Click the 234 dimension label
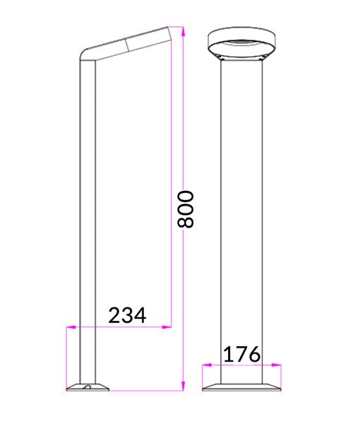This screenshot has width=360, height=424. point(127,315)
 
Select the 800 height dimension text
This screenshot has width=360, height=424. point(185,208)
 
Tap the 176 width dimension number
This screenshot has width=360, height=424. point(242,354)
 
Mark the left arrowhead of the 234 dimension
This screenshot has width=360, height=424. point(69,326)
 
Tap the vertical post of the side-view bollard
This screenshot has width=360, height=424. point(87,212)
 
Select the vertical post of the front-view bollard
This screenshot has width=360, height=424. point(242,212)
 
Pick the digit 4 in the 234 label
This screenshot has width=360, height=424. point(139,315)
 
